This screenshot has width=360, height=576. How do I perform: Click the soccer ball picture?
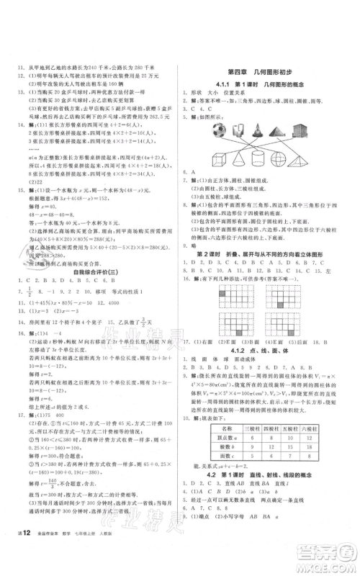(216, 132)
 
